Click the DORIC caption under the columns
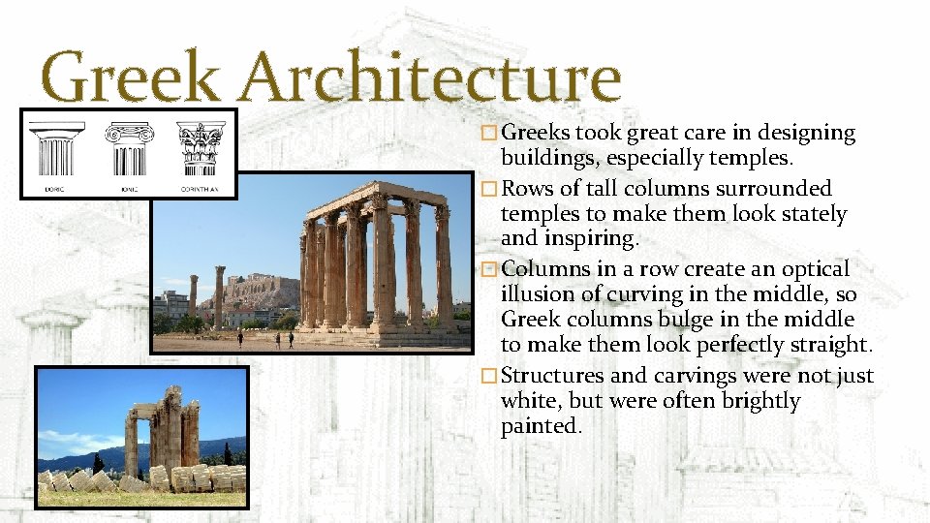[54, 189]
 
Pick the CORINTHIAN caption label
[201, 189]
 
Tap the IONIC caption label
[128, 189]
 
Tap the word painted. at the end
[541, 427]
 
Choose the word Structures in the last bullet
[555, 376]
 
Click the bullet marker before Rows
[492, 189]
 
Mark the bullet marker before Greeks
[492, 134]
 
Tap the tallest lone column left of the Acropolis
[220, 295]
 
